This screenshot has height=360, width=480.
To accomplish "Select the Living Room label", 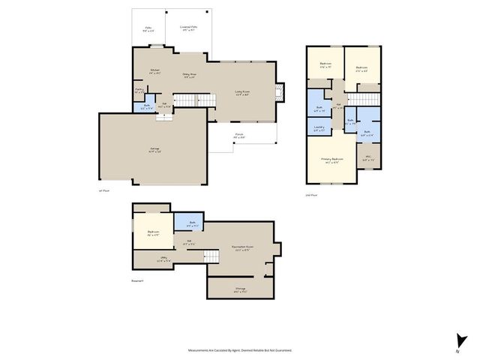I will tap(242, 94).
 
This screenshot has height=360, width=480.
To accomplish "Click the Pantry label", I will tap(139, 90).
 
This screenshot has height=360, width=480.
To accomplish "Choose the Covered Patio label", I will tap(188, 29).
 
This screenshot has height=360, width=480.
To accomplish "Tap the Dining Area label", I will tap(188, 75).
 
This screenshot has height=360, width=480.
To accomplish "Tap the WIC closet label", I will tap(367, 160).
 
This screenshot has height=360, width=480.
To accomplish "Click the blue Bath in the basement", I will tap(192, 223).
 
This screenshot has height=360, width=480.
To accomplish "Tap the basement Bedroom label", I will tap(153, 233).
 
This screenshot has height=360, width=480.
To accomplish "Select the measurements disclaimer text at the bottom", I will tap(240, 349).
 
